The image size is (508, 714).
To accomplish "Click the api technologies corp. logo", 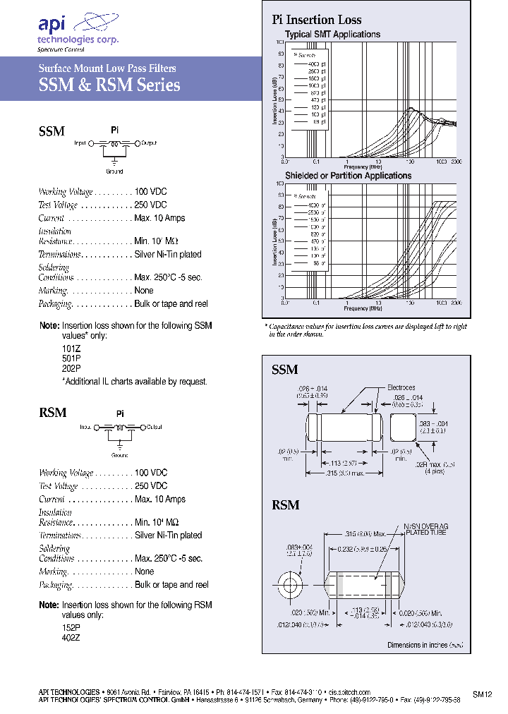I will click(x=77, y=32).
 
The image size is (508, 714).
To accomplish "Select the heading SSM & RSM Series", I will click(x=109, y=86).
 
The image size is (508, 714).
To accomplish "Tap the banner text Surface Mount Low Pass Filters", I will click(x=107, y=68).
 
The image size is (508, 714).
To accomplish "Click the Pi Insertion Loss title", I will click(x=317, y=20).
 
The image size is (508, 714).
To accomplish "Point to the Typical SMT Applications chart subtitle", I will click(x=332, y=34).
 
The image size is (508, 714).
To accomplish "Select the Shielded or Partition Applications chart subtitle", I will click(x=348, y=175).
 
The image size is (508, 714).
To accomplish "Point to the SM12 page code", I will click(x=482, y=694).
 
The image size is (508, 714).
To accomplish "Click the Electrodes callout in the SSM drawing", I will click(x=401, y=387).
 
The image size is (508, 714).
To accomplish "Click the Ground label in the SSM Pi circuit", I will click(x=114, y=171).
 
